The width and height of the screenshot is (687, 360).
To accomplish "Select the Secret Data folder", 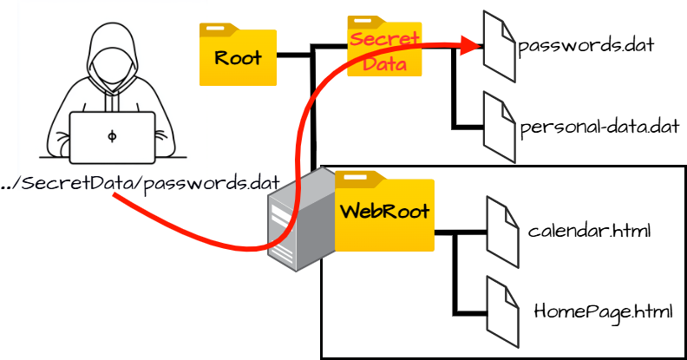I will click(383, 48).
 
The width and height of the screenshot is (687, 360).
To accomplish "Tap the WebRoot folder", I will click(384, 213).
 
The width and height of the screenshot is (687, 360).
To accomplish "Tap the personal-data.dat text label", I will click(599, 128).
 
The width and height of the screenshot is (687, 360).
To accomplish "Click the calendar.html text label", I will click(589, 232).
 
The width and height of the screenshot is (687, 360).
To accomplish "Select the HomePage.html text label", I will click(603, 310).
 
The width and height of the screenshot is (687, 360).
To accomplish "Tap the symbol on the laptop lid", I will click(112, 137).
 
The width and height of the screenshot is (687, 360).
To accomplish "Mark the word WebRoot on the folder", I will click(384, 213).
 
